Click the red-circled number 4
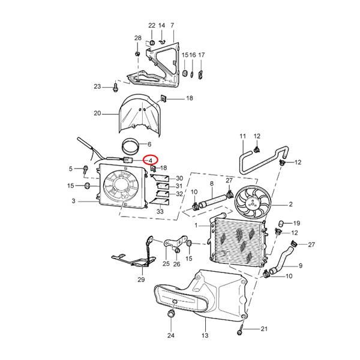coord(151,161)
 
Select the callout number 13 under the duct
coord(205,335)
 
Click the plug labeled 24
coord(171,313)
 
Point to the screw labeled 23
coord(115,87)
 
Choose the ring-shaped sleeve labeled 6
coord(130,147)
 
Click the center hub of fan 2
coord(253,203)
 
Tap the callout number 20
coord(97,113)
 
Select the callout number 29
coord(141,280)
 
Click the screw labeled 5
coord(86,170)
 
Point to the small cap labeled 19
coord(281,223)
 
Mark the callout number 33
coord(160,211)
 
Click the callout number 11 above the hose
coord(243,136)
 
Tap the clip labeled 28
coord(137,54)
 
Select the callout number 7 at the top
coord(172,25)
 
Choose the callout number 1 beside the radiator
coord(196,225)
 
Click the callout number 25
coord(166,263)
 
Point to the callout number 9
coord(301,266)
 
